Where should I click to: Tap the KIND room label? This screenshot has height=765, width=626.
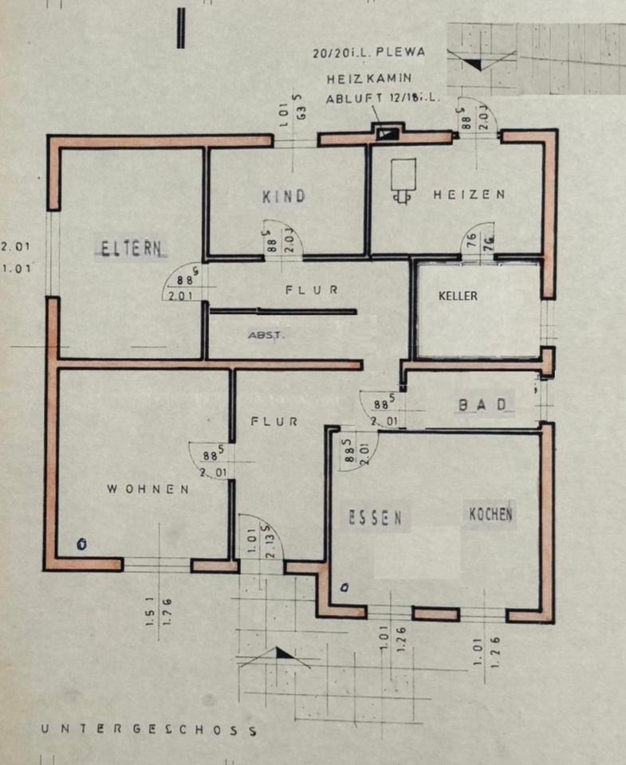coord(284,196)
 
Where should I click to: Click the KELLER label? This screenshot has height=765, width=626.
coord(459,296)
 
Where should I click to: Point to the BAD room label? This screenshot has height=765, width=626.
coord(482,405)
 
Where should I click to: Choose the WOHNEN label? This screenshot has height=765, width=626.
coord(148,489)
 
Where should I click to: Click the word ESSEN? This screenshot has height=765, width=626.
coord(375,518)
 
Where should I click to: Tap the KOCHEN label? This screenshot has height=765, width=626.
coord(490,514)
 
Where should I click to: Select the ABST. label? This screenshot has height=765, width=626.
coord(265,335)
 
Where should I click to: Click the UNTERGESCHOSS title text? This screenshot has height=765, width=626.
coord(149,728)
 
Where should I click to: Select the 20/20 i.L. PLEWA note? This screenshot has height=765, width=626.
coord(368,53)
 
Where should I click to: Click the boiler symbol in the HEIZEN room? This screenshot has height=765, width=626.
coord(403,177)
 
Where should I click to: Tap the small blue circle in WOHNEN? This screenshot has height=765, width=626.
coord(81,545)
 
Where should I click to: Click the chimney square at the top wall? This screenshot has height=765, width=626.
coord(388,133)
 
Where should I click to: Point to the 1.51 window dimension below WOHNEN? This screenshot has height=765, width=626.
coord(151,611)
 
